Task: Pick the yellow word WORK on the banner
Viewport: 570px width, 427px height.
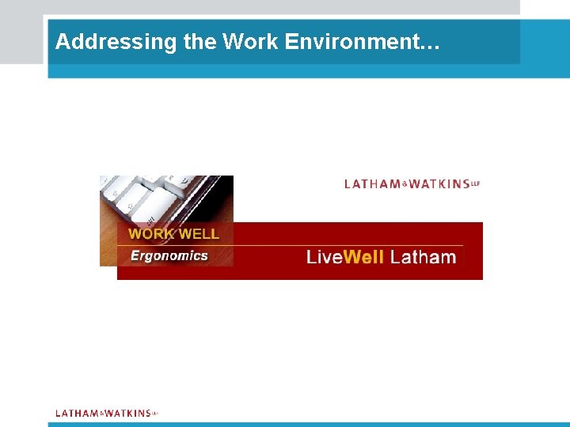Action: point(153,234)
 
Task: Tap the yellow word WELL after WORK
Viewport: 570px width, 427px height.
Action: point(199,234)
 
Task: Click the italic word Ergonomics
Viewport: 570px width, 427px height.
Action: point(169,255)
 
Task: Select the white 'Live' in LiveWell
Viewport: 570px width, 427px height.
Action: point(324,257)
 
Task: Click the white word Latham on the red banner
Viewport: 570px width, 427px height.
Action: point(424,257)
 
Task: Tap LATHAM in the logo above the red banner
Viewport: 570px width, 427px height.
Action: point(373,184)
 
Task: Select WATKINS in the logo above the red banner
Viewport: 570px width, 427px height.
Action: point(439,184)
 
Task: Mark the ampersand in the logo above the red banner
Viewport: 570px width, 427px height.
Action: point(405,184)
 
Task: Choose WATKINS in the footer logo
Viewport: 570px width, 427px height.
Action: point(127,413)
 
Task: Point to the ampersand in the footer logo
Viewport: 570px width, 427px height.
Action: point(102,413)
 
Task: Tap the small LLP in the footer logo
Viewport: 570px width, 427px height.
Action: point(155,412)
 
